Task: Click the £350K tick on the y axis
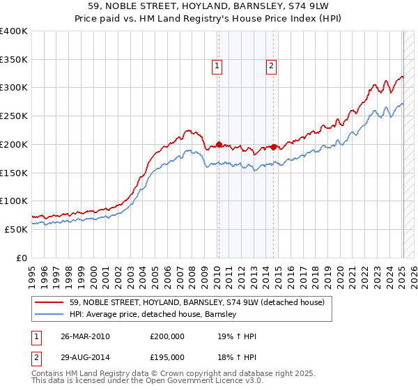[x=14, y=59]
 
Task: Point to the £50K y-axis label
[x=16, y=229]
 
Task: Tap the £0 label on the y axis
[x=22, y=258]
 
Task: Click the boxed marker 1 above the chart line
[x=217, y=66]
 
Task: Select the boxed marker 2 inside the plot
[x=272, y=66]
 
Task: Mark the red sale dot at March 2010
[x=219, y=144]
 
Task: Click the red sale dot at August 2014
[x=274, y=147]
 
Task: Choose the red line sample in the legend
[x=49, y=302]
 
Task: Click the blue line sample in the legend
[x=49, y=314]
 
